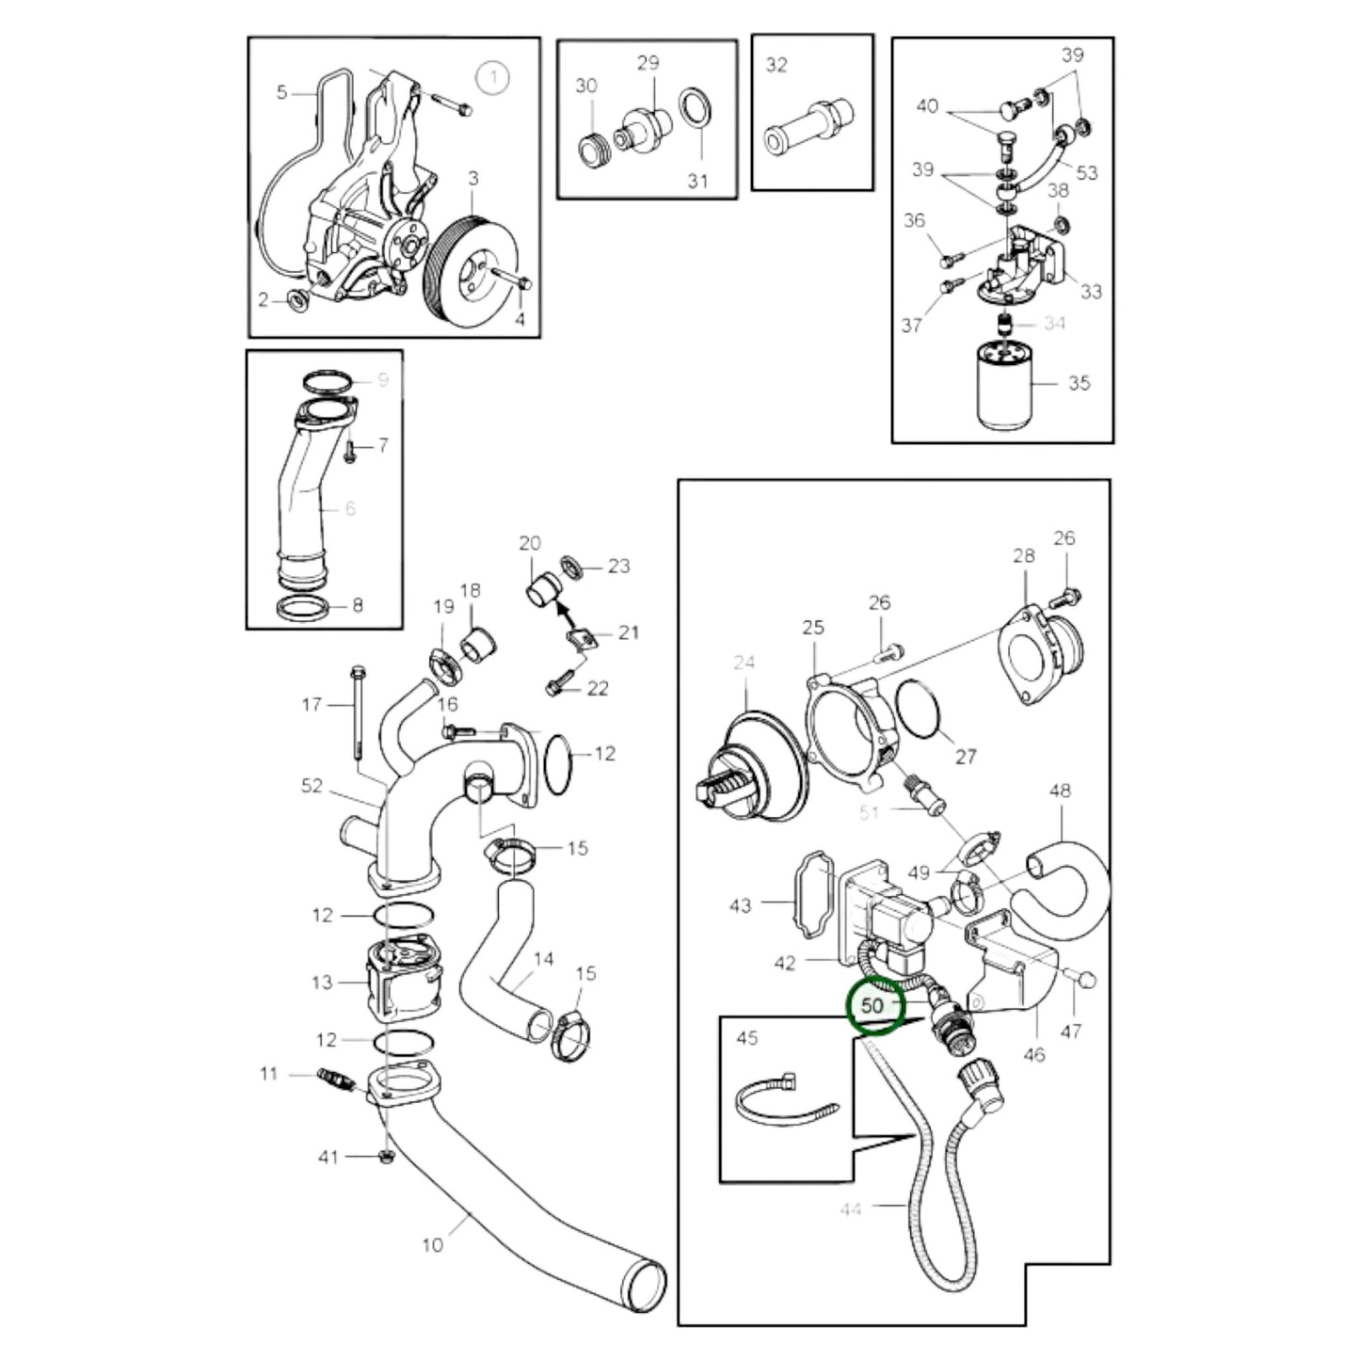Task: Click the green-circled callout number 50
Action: pos(872,1004)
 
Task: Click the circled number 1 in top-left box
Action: pos(492,77)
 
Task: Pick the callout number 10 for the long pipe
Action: pos(432,1245)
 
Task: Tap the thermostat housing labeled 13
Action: pos(400,981)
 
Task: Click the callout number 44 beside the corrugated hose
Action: pos(850,1208)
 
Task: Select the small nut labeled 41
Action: pos(386,1156)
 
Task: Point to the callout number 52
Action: pos(312,785)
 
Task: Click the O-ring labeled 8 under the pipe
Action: pos(310,607)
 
